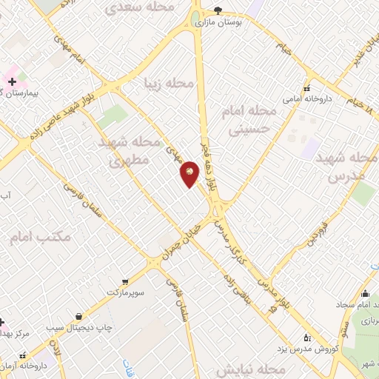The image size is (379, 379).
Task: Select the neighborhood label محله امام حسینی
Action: coord(249,120)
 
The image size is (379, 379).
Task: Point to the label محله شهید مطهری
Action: coord(129,150)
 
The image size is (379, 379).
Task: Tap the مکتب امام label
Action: coord(41,238)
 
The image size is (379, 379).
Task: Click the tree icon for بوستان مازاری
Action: coord(218,10)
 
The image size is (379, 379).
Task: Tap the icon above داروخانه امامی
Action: coord(307,86)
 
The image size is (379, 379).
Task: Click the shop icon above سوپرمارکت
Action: coord(124,281)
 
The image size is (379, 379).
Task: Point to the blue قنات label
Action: coord(127,366)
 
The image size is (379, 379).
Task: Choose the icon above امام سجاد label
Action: coord(364,293)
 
